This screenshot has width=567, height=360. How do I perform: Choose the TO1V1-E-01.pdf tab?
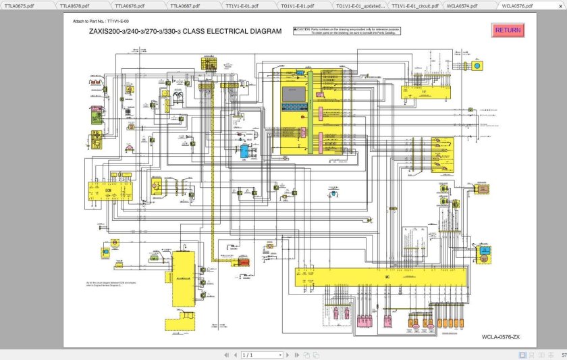[x=295, y=5]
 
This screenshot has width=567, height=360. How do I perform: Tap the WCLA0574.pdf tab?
[x=462, y=5]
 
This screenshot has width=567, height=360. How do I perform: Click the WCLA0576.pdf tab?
[x=517, y=5]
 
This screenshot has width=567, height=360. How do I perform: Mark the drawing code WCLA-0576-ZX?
[x=500, y=336]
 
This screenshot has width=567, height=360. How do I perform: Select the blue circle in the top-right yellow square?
[x=479, y=66]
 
